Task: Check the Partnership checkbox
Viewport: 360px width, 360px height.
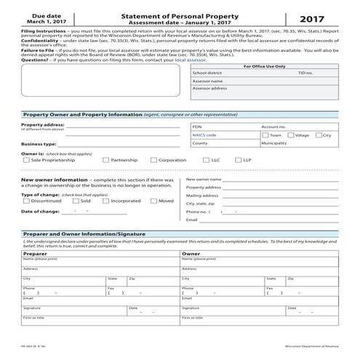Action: click(105, 160)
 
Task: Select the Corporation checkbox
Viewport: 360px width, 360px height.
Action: click(153, 160)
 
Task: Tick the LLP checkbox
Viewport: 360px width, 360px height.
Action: click(238, 160)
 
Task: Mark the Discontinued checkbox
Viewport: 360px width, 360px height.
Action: click(25, 201)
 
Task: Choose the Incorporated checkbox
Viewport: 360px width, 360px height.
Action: click(105, 201)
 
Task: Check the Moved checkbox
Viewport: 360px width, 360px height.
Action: click(153, 201)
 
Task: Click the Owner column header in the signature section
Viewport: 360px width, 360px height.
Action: click(191, 253)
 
